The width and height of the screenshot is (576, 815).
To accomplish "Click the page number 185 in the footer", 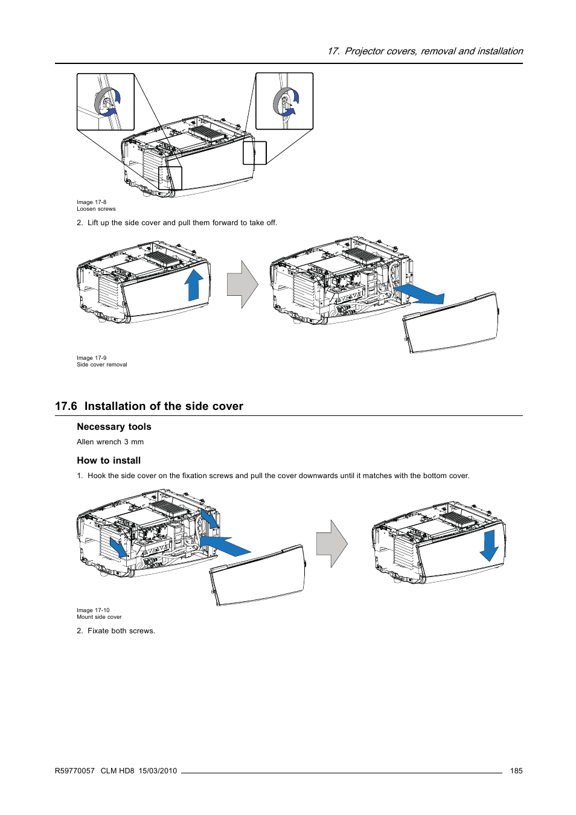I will pyautogui.click(x=516, y=771).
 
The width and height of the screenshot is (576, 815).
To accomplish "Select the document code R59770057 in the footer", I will pyautogui.click(x=75, y=771).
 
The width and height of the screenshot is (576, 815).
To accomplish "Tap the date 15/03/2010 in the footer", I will pyautogui.click(x=158, y=771).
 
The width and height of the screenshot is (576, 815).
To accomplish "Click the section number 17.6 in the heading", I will pyautogui.click(x=66, y=406).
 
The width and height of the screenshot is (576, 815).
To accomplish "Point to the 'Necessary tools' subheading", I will pyautogui.click(x=114, y=427).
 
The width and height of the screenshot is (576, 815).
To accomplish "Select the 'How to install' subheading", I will pyautogui.click(x=109, y=461).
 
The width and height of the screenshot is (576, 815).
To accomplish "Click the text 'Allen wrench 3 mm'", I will pyautogui.click(x=110, y=442).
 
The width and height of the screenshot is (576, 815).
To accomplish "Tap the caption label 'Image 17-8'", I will pyautogui.click(x=91, y=202).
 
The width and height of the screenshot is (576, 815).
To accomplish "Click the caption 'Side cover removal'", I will pyautogui.click(x=102, y=365).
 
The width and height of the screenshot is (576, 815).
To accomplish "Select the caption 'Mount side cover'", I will pyautogui.click(x=99, y=617).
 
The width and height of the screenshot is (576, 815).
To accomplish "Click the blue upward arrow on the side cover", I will pyautogui.click(x=194, y=285).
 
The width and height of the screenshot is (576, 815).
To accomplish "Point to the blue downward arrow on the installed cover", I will pyautogui.click(x=489, y=545).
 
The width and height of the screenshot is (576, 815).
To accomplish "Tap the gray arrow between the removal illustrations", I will pyautogui.click(x=242, y=284).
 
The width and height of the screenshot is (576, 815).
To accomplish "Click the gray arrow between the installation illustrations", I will pyautogui.click(x=331, y=543).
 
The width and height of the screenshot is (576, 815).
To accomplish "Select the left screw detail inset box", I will pyautogui.click(x=106, y=101).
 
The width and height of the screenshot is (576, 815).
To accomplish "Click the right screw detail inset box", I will pyautogui.click(x=284, y=101).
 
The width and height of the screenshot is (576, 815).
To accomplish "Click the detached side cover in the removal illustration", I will pyautogui.click(x=452, y=323).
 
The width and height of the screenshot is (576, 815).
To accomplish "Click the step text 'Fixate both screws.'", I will pyautogui.click(x=121, y=631).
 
